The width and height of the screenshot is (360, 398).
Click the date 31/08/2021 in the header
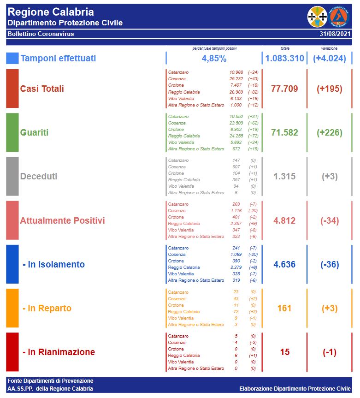point(335,34)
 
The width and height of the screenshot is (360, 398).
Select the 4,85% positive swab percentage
point(214,59)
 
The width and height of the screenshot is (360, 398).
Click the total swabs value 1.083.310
point(284,59)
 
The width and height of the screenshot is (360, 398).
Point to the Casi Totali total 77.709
point(284,89)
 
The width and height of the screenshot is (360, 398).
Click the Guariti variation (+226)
point(330,133)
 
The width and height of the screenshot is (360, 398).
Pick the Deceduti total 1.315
point(284,177)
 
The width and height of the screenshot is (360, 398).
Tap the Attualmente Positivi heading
point(62,220)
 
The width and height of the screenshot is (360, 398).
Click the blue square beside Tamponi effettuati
point(12,59)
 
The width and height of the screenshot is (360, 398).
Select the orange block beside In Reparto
point(12,308)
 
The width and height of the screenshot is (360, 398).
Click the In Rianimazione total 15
point(285,352)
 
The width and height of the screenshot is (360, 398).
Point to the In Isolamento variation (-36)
point(330,265)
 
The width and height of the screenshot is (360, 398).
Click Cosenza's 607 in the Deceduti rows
point(236,167)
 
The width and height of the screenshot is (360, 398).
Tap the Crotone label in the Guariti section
point(176,130)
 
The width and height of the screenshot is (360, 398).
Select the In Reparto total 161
point(284,308)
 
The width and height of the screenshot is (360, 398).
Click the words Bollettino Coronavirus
point(41,34)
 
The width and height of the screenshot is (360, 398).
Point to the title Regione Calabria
point(51,12)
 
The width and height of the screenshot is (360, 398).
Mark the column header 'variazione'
point(329,48)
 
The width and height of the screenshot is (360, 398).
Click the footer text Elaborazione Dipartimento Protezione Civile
point(295,389)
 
